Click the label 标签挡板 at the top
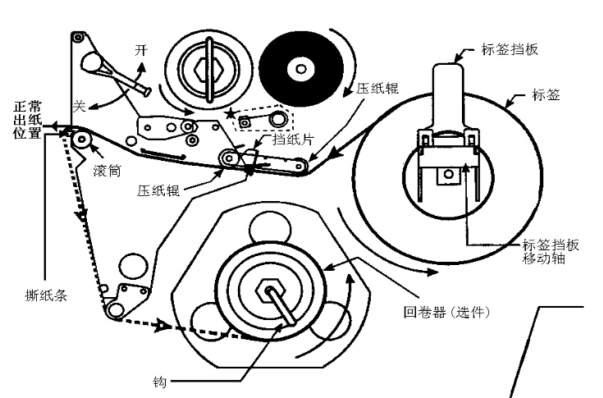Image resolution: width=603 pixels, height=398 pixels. [x=510, y=50]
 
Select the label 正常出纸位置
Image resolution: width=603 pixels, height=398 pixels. [x=27, y=120]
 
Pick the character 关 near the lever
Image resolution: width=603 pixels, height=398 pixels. [x=80, y=105]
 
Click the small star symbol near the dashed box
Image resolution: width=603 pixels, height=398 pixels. [x=231, y=112]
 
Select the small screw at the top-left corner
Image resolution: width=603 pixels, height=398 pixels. [x=76, y=38]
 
